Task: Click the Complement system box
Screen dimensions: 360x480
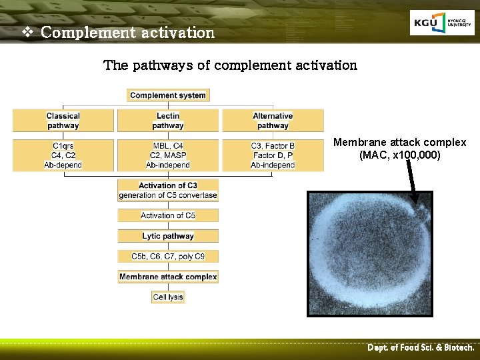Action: (168, 95)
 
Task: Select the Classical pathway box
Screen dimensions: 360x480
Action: (63, 121)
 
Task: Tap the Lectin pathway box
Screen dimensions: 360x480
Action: (168, 121)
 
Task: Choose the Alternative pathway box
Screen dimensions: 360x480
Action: (273, 121)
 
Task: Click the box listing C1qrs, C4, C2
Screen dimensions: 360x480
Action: (64, 155)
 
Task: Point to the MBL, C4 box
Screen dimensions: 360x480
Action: (168, 155)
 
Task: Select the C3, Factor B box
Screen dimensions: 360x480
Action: (273, 155)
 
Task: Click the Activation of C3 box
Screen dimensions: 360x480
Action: (168, 190)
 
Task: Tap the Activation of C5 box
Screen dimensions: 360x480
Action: (168, 215)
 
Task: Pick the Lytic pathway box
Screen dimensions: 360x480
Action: (168, 236)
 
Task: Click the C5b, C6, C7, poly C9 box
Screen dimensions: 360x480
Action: (168, 256)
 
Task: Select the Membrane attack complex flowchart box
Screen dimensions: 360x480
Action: (168, 277)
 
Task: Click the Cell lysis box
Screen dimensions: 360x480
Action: (168, 297)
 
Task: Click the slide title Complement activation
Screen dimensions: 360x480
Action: (127, 32)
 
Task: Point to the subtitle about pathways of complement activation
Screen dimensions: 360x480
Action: (230, 65)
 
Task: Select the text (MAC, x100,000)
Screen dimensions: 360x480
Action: (400, 155)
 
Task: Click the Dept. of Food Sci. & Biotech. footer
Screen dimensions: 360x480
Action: (421, 348)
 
